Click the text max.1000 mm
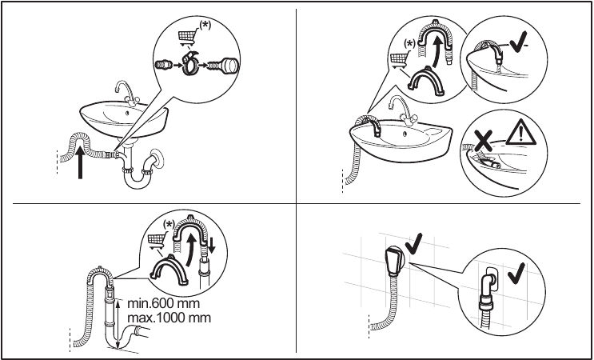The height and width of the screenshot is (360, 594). click(169, 318)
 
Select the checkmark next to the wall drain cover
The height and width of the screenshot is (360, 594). click(417, 240)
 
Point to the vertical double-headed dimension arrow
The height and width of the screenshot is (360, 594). click(118, 323)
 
